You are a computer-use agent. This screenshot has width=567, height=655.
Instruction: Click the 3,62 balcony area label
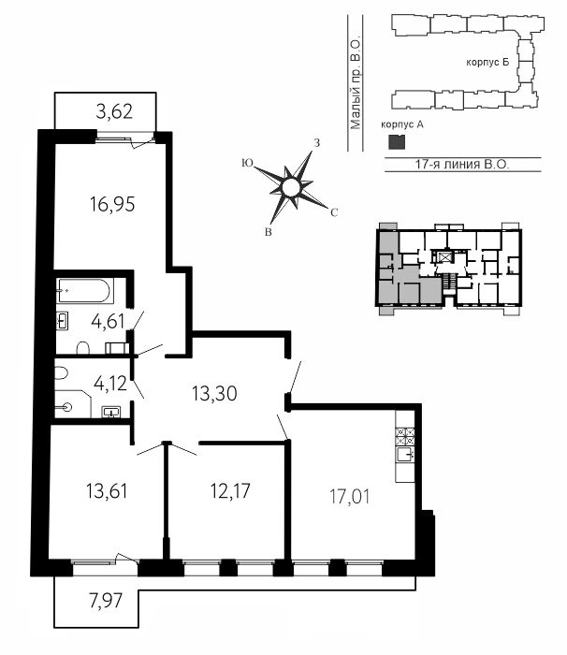tap(114, 111)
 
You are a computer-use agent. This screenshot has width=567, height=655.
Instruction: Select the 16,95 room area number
tap(112, 205)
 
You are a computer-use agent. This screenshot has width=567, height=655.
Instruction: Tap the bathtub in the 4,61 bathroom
tap(84, 290)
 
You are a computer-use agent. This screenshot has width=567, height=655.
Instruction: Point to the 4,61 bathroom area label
tap(108, 322)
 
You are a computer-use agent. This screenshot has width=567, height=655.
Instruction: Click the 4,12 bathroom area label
tap(109, 384)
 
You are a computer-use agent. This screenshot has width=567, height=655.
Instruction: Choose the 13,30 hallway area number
tap(214, 394)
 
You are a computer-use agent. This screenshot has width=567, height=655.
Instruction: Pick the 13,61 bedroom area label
tap(107, 491)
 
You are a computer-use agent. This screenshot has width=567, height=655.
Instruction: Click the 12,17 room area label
tap(230, 491)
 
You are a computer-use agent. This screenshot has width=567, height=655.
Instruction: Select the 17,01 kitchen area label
tap(349, 497)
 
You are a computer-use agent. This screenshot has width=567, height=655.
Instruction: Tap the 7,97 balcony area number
tap(106, 601)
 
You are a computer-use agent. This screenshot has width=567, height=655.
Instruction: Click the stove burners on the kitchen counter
tap(405, 437)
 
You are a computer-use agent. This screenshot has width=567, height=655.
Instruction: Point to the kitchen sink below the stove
tap(405, 454)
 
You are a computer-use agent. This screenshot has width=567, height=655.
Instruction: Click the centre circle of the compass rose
tap(291, 187)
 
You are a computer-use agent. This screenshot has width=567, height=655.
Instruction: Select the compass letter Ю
tap(247, 164)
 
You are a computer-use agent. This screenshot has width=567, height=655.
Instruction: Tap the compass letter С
tap(334, 212)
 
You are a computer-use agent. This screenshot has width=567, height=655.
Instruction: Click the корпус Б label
tap(487, 63)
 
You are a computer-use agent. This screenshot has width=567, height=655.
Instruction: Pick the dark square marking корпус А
tap(397, 142)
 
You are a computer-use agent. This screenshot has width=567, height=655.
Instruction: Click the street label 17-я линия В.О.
tap(462, 164)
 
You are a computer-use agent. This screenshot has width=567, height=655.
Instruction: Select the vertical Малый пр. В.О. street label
tap(356, 84)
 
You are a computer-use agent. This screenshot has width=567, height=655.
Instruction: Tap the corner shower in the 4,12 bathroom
tap(73, 404)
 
